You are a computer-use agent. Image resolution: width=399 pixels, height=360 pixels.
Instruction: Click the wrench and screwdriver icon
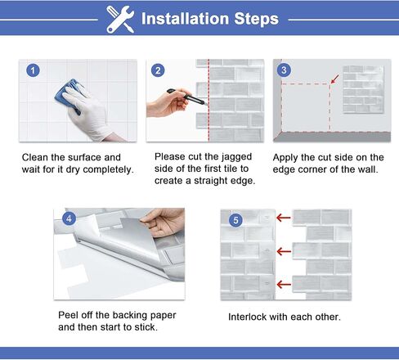click(120, 20)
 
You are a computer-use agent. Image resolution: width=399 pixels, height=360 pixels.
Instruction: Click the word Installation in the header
click(185, 19)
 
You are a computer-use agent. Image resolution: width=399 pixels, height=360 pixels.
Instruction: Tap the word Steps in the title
click(256, 19)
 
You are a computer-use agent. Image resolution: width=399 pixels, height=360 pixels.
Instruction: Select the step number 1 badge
click(33, 70)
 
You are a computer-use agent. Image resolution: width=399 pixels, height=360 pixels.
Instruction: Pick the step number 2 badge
click(158, 70)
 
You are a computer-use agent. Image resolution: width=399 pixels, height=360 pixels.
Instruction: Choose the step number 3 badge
click(284, 70)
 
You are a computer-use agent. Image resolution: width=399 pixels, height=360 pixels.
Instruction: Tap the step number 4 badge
click(69, 218)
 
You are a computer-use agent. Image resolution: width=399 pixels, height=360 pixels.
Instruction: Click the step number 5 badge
click(235, 220)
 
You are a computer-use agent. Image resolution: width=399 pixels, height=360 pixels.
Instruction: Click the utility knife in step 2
click(186, 97)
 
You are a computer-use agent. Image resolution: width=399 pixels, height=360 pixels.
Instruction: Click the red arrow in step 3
click(335, 79)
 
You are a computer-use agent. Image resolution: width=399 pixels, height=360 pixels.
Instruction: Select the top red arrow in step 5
click(284, 218)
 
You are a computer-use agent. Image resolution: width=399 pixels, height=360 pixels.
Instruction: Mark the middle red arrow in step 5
click(284, 251)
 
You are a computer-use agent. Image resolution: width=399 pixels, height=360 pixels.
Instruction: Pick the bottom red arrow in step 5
click(284, 285)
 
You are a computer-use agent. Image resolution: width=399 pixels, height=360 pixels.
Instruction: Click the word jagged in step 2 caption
click(236, 157)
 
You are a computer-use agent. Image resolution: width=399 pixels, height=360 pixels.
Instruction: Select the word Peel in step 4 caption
click(68, 315)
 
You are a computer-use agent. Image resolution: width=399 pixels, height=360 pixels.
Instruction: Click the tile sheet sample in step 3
click(363, 89)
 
